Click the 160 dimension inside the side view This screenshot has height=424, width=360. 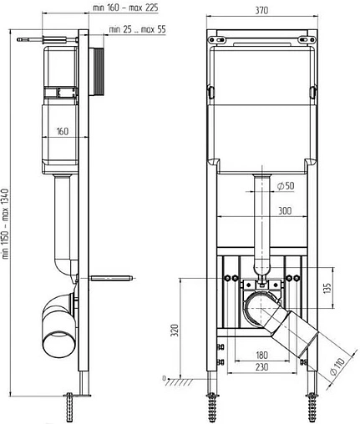63,129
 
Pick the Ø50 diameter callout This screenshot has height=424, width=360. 281,185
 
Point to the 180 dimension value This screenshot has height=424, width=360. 261,354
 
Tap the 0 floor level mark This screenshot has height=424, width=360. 165,374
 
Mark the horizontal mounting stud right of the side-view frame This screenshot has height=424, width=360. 113,275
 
